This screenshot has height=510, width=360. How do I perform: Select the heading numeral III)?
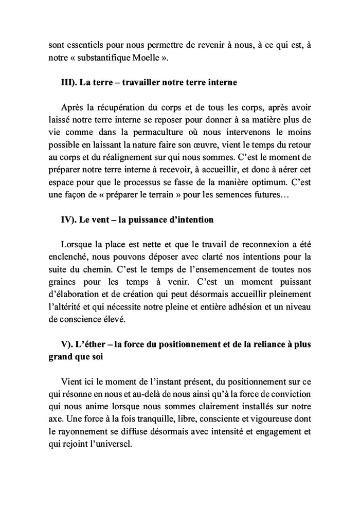pyautogui.click(x=68, y=83)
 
